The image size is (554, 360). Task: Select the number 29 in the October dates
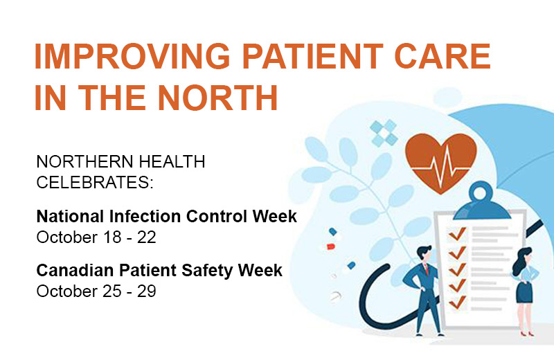[x=147, y=291]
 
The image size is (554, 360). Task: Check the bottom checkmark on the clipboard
[x=456, y=303]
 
